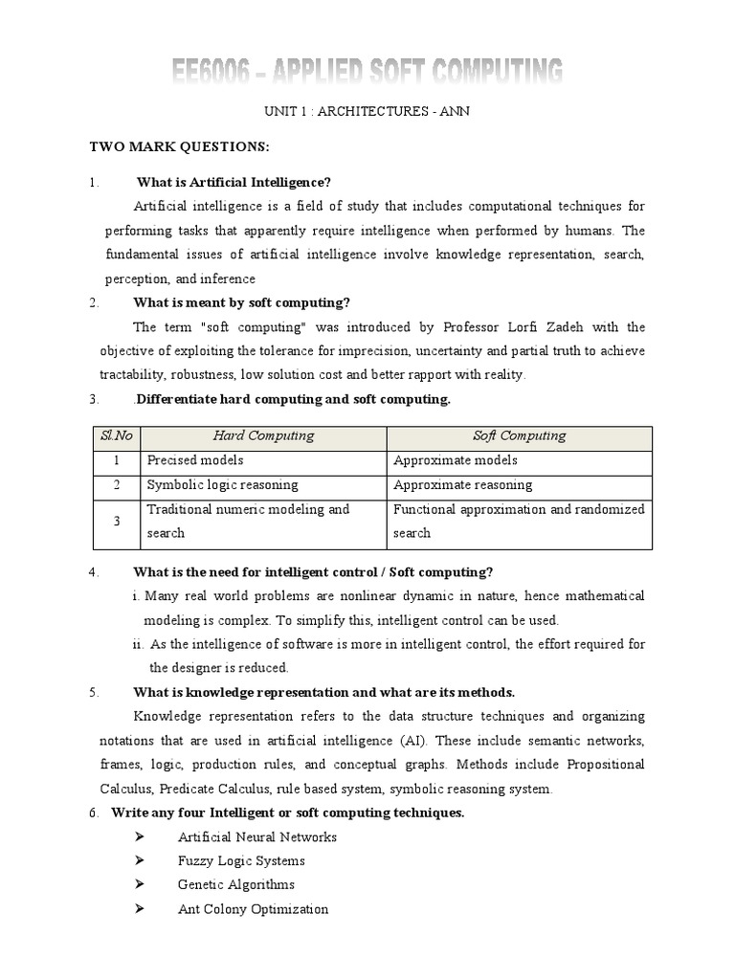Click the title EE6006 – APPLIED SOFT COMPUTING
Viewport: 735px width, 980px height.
[367, 73]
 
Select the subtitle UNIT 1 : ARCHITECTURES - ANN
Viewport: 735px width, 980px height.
[367, 112]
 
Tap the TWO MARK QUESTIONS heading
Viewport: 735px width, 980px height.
[180, 147]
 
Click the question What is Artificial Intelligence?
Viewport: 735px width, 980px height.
[234, 182]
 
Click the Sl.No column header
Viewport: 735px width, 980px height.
[116, 436]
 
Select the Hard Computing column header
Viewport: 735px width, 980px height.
[263, 436]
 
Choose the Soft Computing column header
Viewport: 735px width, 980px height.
[520, 436]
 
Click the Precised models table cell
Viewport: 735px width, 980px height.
[195, 460]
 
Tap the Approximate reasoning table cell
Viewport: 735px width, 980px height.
[463, 485]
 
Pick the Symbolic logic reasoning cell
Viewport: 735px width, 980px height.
[222, 485]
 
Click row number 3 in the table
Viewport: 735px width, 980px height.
[116, 522]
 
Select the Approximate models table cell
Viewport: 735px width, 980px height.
[456, 460]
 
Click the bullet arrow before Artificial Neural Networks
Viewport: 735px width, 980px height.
[140, 837]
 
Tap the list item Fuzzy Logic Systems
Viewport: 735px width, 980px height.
[241, 861]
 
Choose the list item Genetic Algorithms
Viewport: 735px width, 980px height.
[235, 885]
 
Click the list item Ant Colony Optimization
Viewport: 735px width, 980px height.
[253, 909]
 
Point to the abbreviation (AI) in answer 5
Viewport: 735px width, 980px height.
[407, 742]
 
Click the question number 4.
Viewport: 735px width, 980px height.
[93, 573]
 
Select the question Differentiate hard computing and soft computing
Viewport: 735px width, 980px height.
[292, 399]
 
